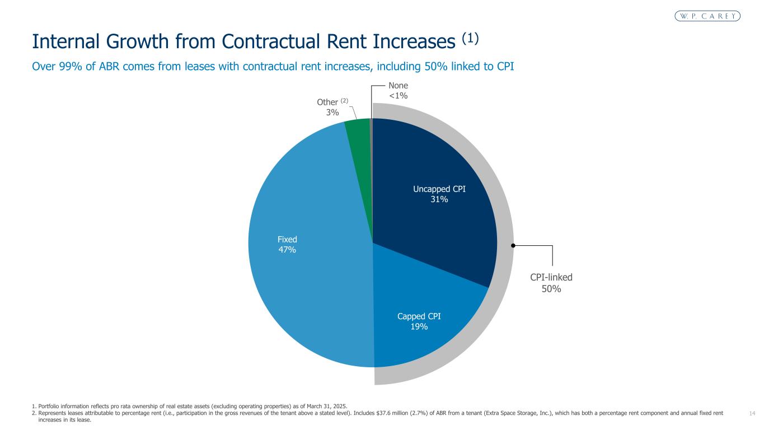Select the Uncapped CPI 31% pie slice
tap(437, 190)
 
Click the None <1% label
tap(398, 91)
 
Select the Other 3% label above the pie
tap(332, 107)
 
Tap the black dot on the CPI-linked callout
tap(513, 245)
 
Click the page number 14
tap(752, 413)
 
